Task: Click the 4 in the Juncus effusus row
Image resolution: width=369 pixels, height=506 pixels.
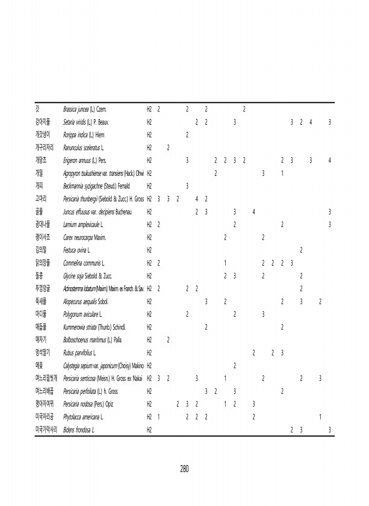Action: [253, 211]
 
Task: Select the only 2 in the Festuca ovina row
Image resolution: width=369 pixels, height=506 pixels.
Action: [301, 249]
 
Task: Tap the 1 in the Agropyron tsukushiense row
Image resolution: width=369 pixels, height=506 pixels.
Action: [282, 173]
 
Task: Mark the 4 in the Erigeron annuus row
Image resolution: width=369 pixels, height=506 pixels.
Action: [330, 160]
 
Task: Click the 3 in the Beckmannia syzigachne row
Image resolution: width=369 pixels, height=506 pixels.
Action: [188, 186]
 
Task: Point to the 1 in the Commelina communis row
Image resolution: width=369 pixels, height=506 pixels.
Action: [225, 263]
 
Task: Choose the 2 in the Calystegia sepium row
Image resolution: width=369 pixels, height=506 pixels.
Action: [234, 365]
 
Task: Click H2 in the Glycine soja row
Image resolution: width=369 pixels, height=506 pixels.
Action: [149, 275]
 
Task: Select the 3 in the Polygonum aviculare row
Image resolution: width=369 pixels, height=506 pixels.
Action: [263, 314]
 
